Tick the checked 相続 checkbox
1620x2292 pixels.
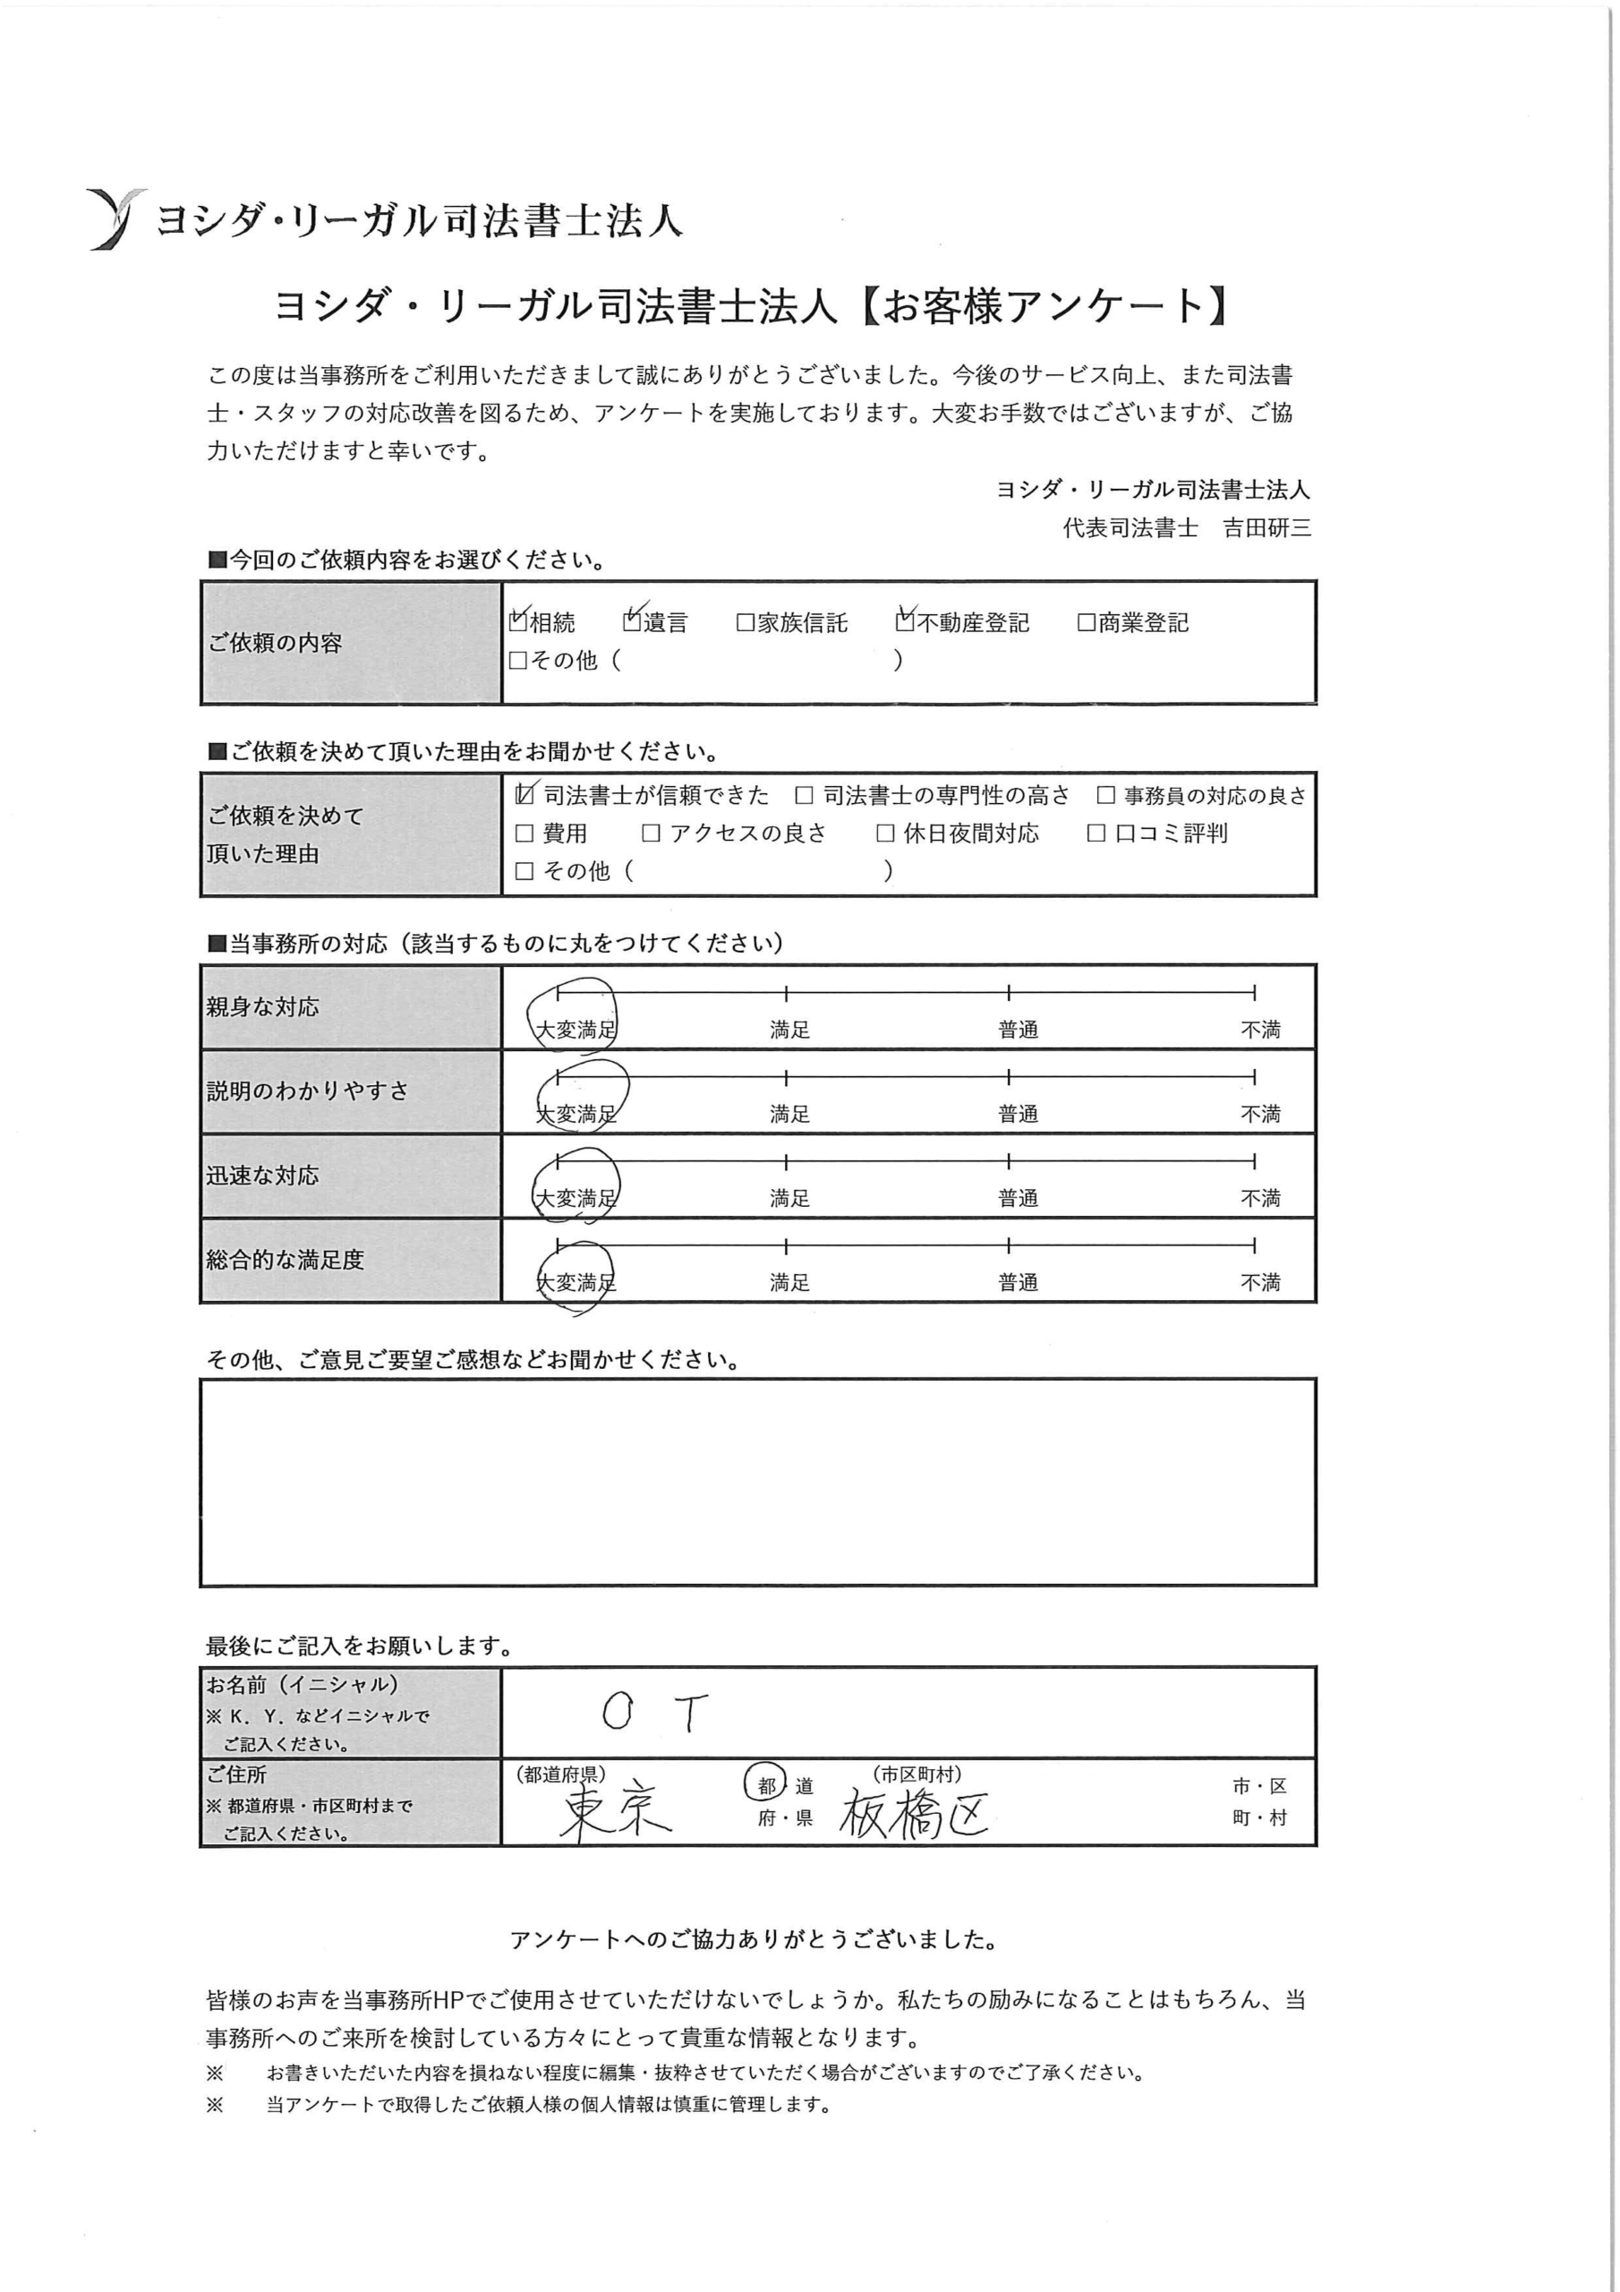point(517,621)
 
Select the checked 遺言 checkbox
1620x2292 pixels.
point(632,621)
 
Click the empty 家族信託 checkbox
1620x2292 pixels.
point(745,623)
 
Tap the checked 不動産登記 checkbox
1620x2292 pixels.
point(904,621)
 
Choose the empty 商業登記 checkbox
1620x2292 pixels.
point(1087,623)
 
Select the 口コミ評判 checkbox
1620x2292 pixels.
point(1096,834)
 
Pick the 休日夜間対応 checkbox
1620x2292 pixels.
point(885,834)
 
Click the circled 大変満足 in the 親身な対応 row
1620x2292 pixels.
point(575,1028)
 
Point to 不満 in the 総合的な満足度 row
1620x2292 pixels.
point(1259,1282)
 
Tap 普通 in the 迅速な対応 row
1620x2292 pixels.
point(1019,1198)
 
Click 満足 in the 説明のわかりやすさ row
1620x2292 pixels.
point(789,1113)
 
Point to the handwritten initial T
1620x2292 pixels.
point(691,1712)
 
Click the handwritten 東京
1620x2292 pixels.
point(615,1813)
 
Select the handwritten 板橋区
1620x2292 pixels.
point(913,1813)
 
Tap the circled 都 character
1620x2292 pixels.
point(766,1786)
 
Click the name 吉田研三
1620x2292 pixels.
point(1266,528)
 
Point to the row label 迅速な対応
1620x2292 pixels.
point(262,1175)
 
